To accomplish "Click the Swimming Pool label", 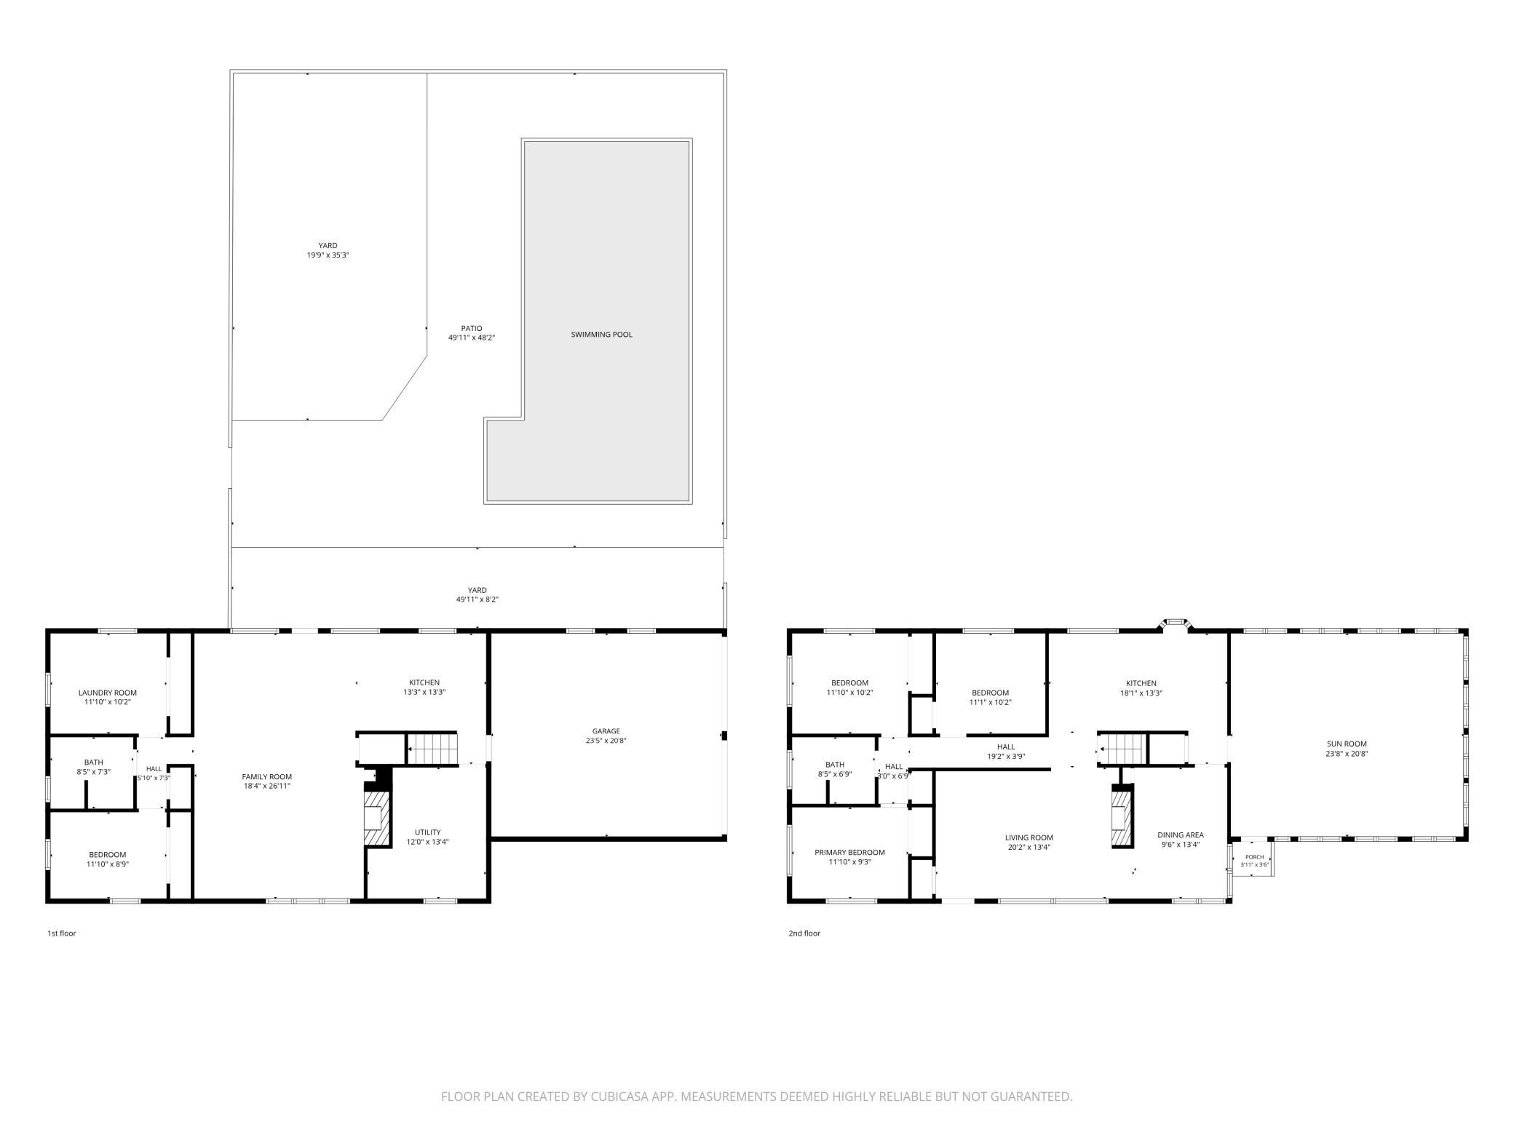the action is (601, 335).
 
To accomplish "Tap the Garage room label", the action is (606, 731).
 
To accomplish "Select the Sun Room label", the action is (1347, 744).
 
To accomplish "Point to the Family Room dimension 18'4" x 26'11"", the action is (267, 786).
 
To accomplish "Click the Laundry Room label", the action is (108, 693).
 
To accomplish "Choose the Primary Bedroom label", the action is (849, 853).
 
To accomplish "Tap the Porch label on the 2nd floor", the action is (1255, 857).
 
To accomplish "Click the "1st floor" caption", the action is (62, 933).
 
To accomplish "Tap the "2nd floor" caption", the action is (804, 933).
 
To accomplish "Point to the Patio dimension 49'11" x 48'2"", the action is (472, 338).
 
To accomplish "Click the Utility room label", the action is (428, 832).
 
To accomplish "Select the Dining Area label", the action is (1181, 835).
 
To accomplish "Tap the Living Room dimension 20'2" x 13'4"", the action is (1030, 847).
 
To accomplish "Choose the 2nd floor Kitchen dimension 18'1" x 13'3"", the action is (1141, 693).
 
